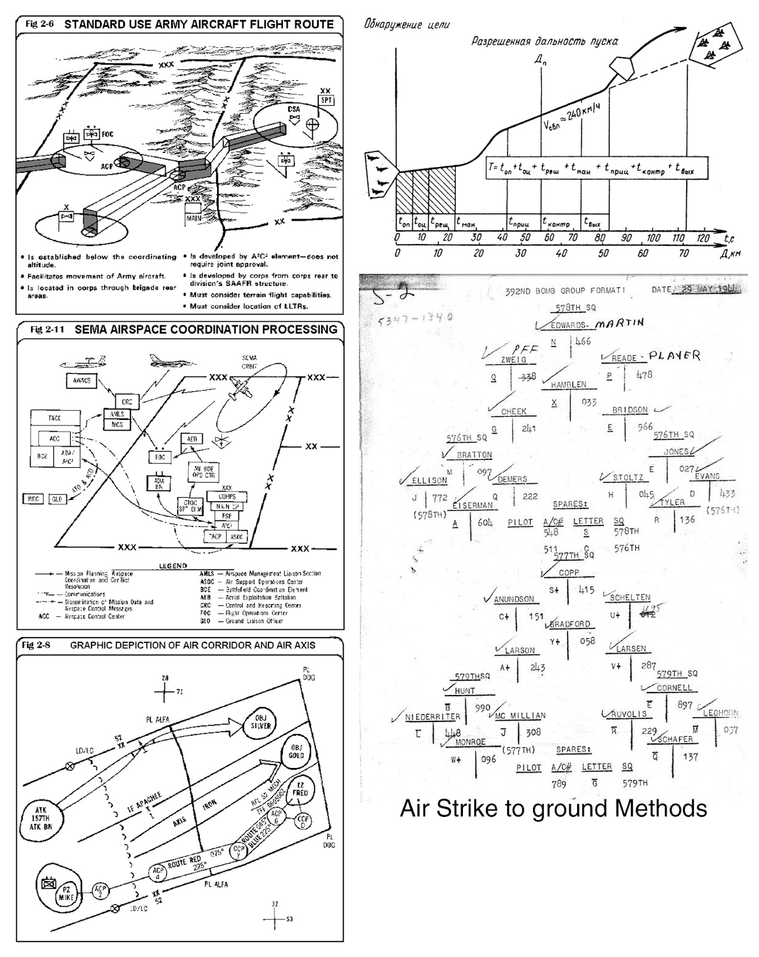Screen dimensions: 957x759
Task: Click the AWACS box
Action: [81, 380]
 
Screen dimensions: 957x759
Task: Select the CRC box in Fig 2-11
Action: [127, 401]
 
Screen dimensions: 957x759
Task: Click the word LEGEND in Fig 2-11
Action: [173, 566]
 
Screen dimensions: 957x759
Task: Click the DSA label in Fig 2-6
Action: [293, 109]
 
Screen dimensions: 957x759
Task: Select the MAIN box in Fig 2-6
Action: [193, 218]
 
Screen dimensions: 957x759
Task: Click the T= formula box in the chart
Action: [596, 169]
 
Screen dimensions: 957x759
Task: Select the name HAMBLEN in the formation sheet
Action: [568, 385]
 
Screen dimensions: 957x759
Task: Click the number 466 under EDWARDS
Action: [582, 341]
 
